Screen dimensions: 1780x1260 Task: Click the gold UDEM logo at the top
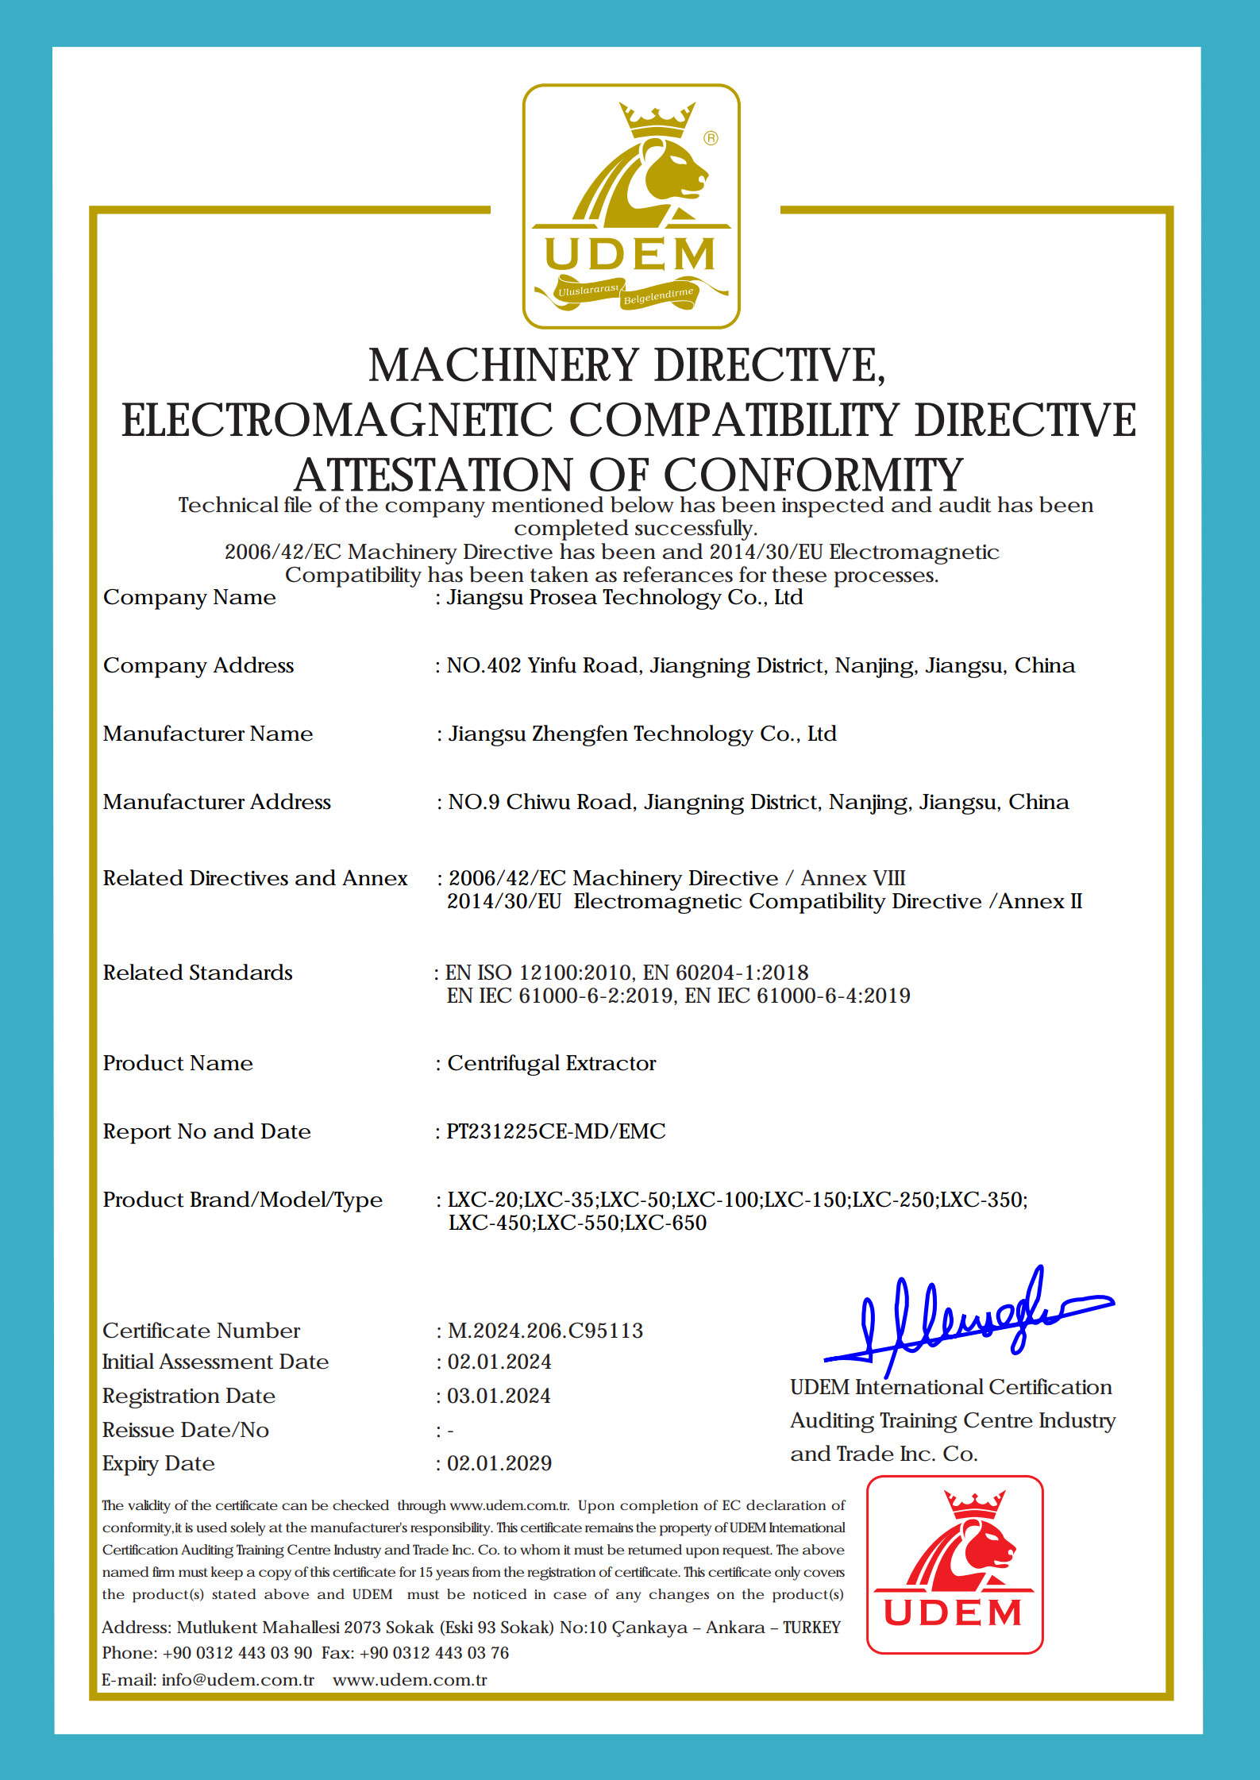click(631, 206)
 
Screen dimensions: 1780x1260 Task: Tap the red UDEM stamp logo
click(954, 1565)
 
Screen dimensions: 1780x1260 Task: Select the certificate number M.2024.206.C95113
click(545, 1331)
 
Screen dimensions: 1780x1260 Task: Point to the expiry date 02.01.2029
click(499, 1463)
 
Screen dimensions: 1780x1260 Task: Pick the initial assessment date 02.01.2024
click(499, 1362)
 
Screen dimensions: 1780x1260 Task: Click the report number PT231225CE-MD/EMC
click(556, 1131)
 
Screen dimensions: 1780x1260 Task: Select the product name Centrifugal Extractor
click(552, 1063)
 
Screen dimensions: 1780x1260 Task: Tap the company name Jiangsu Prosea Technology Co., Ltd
click(625, 597)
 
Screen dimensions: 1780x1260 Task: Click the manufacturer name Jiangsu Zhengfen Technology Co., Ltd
click(642, 734)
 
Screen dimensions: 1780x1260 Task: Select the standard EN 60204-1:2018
click(726, 973)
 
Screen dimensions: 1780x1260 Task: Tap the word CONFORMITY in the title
click(813, 475)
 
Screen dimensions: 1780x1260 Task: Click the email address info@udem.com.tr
click(237, 1680)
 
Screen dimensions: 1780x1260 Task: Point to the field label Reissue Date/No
click(186, 1430)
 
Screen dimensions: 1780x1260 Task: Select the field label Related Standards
click(198, 973)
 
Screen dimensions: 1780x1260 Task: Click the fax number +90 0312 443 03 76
click(434, 1653)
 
